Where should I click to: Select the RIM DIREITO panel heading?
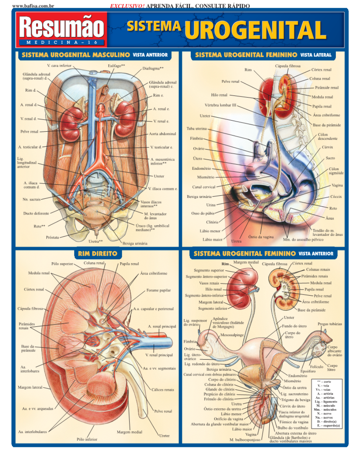(97, 254)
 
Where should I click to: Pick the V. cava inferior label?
(59, 66)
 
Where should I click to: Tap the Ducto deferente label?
(36, 213)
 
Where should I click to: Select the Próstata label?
(52, 237)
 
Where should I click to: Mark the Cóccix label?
(336, 197)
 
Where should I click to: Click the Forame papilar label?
(159, 291)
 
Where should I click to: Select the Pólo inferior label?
(87, 439)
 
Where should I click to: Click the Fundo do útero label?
(295, 326)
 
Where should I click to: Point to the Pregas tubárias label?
(330, 324)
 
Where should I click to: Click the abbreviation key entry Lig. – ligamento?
(327, 401)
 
